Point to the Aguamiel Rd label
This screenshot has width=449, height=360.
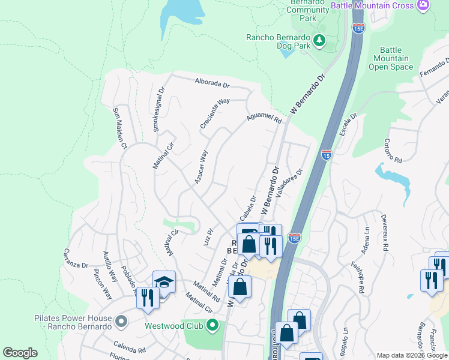(x=264, y=119)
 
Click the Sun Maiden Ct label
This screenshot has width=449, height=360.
(x=120, y=128)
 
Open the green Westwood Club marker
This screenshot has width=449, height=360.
(x=211, y=326)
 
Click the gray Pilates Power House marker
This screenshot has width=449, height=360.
(x=121, y=322)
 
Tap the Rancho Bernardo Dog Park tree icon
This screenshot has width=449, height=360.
(x=321, y=40)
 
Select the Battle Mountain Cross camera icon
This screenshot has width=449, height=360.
(x=424, y=5)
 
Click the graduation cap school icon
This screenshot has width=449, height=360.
(x=164, y=282)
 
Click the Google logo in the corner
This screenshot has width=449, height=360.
(x=20, y=353)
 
